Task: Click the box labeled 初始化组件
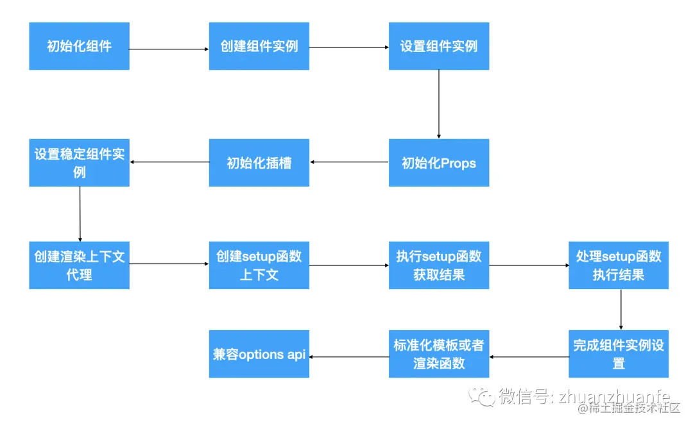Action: (79, 46)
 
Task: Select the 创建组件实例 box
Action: (259, 46)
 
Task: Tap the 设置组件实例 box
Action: (439, 46)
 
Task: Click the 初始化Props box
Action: (439, 163)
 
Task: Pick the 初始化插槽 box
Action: (259, 163)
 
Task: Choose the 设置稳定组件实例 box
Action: (79, 163)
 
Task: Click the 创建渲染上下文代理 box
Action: (79, 265)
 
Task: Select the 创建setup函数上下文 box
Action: (259, 265)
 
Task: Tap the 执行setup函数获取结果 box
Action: (439, 265)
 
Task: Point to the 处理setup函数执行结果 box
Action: (619, 265)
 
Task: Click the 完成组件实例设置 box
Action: (619, 354)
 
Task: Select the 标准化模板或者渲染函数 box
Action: (439, 354)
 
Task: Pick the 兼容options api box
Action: (259, 354)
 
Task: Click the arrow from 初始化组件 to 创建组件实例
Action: (169, 49)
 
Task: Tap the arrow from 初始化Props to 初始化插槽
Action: (349, 162)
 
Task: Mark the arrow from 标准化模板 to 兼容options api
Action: (349, 356)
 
